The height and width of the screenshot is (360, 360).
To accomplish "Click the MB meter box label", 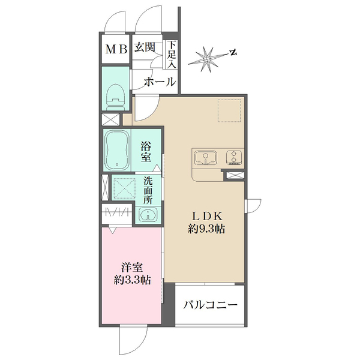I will click(117, 50).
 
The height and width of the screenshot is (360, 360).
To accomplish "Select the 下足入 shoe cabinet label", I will click(172, 54).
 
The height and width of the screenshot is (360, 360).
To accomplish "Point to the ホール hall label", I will click(159, 81).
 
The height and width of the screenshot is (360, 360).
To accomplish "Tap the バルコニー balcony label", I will click(210, 305).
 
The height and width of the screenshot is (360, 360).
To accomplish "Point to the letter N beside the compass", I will click(235, 53).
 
